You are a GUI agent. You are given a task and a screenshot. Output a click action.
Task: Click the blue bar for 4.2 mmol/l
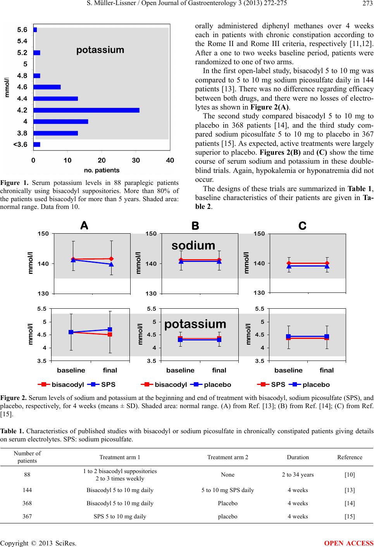click(86, 110)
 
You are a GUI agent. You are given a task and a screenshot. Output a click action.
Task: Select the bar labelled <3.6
click(37, 145)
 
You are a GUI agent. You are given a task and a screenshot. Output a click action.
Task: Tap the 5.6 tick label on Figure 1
click(22, 30)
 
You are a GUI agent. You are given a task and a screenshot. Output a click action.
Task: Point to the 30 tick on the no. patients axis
click(136, 161)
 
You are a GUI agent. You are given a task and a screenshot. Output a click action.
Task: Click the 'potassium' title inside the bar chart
click(100, 50)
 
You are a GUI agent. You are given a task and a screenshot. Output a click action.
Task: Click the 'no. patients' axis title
click(102, 170)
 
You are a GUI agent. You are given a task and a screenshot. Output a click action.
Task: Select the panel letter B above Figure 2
click(195, 226)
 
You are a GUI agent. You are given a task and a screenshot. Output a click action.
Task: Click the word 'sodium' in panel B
click(193, 245)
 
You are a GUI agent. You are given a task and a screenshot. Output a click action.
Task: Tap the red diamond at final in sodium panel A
click(111, 259)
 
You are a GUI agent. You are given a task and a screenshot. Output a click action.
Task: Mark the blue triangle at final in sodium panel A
click(111, 264)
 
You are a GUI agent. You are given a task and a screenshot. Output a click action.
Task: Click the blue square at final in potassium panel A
click(110, 330)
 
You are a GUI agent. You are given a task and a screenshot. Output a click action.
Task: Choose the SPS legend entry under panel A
click(101, 385)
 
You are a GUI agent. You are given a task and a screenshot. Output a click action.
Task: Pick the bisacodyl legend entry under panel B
click(164, 385)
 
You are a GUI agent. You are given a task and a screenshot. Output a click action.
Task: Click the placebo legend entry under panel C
click(309, 385)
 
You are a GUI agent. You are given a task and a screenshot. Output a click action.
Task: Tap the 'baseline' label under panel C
click(288, 370)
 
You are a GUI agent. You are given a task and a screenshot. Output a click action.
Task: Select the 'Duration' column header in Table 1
click(298, 457)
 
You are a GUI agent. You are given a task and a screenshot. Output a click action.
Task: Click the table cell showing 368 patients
click(27, 503)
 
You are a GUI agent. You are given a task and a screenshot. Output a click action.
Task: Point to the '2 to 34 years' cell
click(298, 475)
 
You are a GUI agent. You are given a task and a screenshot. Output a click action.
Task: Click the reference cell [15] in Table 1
click(350, 516)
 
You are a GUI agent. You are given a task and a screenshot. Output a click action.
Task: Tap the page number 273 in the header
click(368, 3)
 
